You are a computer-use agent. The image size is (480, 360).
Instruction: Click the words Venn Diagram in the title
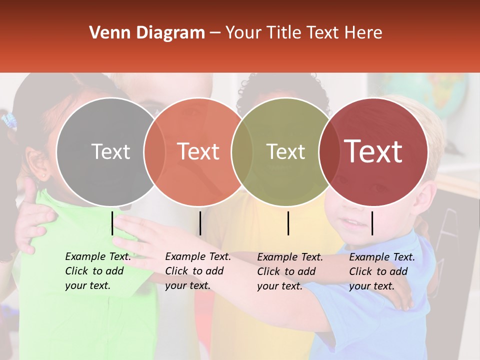147,33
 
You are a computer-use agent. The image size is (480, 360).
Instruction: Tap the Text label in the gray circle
110,151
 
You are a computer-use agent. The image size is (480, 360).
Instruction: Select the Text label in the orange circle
198,151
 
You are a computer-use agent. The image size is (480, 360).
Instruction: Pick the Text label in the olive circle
285,151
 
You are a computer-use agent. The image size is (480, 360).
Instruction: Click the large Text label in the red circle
373,151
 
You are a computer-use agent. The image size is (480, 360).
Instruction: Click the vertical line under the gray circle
112,223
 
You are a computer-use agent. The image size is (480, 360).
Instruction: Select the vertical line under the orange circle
200,223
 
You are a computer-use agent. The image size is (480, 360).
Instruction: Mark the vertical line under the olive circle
288,223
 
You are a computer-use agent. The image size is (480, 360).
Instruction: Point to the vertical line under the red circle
372,223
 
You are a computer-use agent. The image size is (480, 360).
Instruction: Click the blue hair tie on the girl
9,121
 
